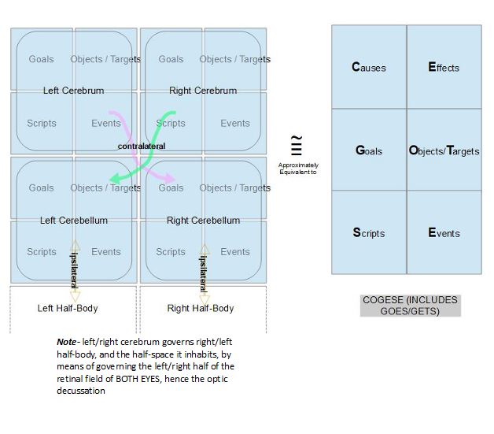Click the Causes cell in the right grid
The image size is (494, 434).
click(369, 68)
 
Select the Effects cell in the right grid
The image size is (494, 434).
click(444, 68)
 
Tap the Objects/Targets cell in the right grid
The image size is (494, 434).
click(444, 150)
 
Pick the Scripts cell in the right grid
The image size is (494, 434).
click(369, 233)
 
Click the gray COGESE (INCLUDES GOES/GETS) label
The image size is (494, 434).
click(410, 306)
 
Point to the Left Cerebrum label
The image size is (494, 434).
click(73, 91)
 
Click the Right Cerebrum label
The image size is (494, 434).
click(203, 91)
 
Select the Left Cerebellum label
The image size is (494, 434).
click(74, 221)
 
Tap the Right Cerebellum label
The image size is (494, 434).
click(203, 221)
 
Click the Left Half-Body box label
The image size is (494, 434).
click(68, 308)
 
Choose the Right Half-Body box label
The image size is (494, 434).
click(201, 308)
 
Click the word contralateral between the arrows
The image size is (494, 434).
click(142, 147)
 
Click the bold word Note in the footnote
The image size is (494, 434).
click(66, 343)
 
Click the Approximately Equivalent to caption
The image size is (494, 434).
click(297, 167)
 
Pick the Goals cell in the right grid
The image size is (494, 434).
click(369, 150)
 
